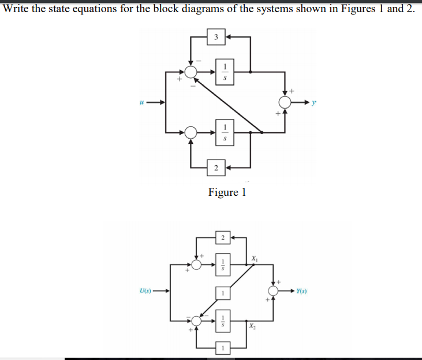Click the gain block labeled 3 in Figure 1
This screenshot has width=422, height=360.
[x=215, y=38]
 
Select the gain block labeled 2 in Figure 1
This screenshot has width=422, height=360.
[x=215, y=168]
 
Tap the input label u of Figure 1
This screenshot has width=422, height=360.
[x=141, y=102]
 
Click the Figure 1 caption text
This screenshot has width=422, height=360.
[x=227, y=192]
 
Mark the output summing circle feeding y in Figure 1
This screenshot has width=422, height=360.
[x=285, y=102]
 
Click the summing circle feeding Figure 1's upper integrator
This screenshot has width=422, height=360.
[x=191, y=71]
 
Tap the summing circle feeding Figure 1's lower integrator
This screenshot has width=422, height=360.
[x=191, y=132]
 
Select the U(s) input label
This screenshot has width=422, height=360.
[x=145, y=291]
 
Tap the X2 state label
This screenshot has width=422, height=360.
[x=253, y=326]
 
